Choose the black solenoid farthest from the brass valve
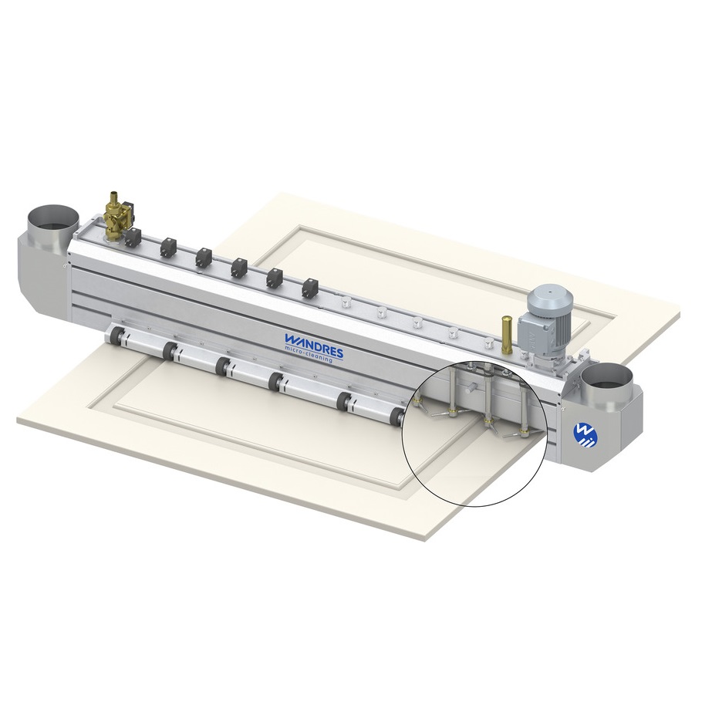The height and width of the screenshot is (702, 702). (310, 289)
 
